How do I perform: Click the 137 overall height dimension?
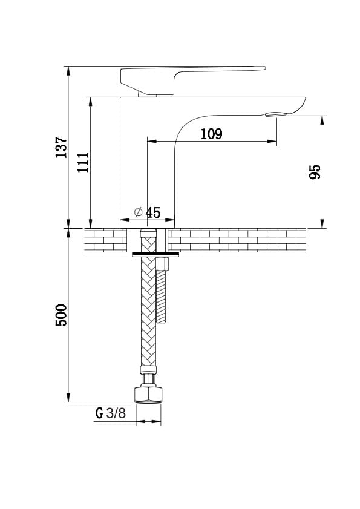click(61, 148)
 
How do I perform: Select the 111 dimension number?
click(83, 162)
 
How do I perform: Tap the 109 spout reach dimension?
click(211, 134)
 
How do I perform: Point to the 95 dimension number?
click(315, 172)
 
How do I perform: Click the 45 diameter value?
click(153, 212)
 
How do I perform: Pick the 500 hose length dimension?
click(61, 315)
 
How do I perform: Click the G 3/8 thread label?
click(110, 413)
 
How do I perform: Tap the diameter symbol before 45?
click(139, 212)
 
